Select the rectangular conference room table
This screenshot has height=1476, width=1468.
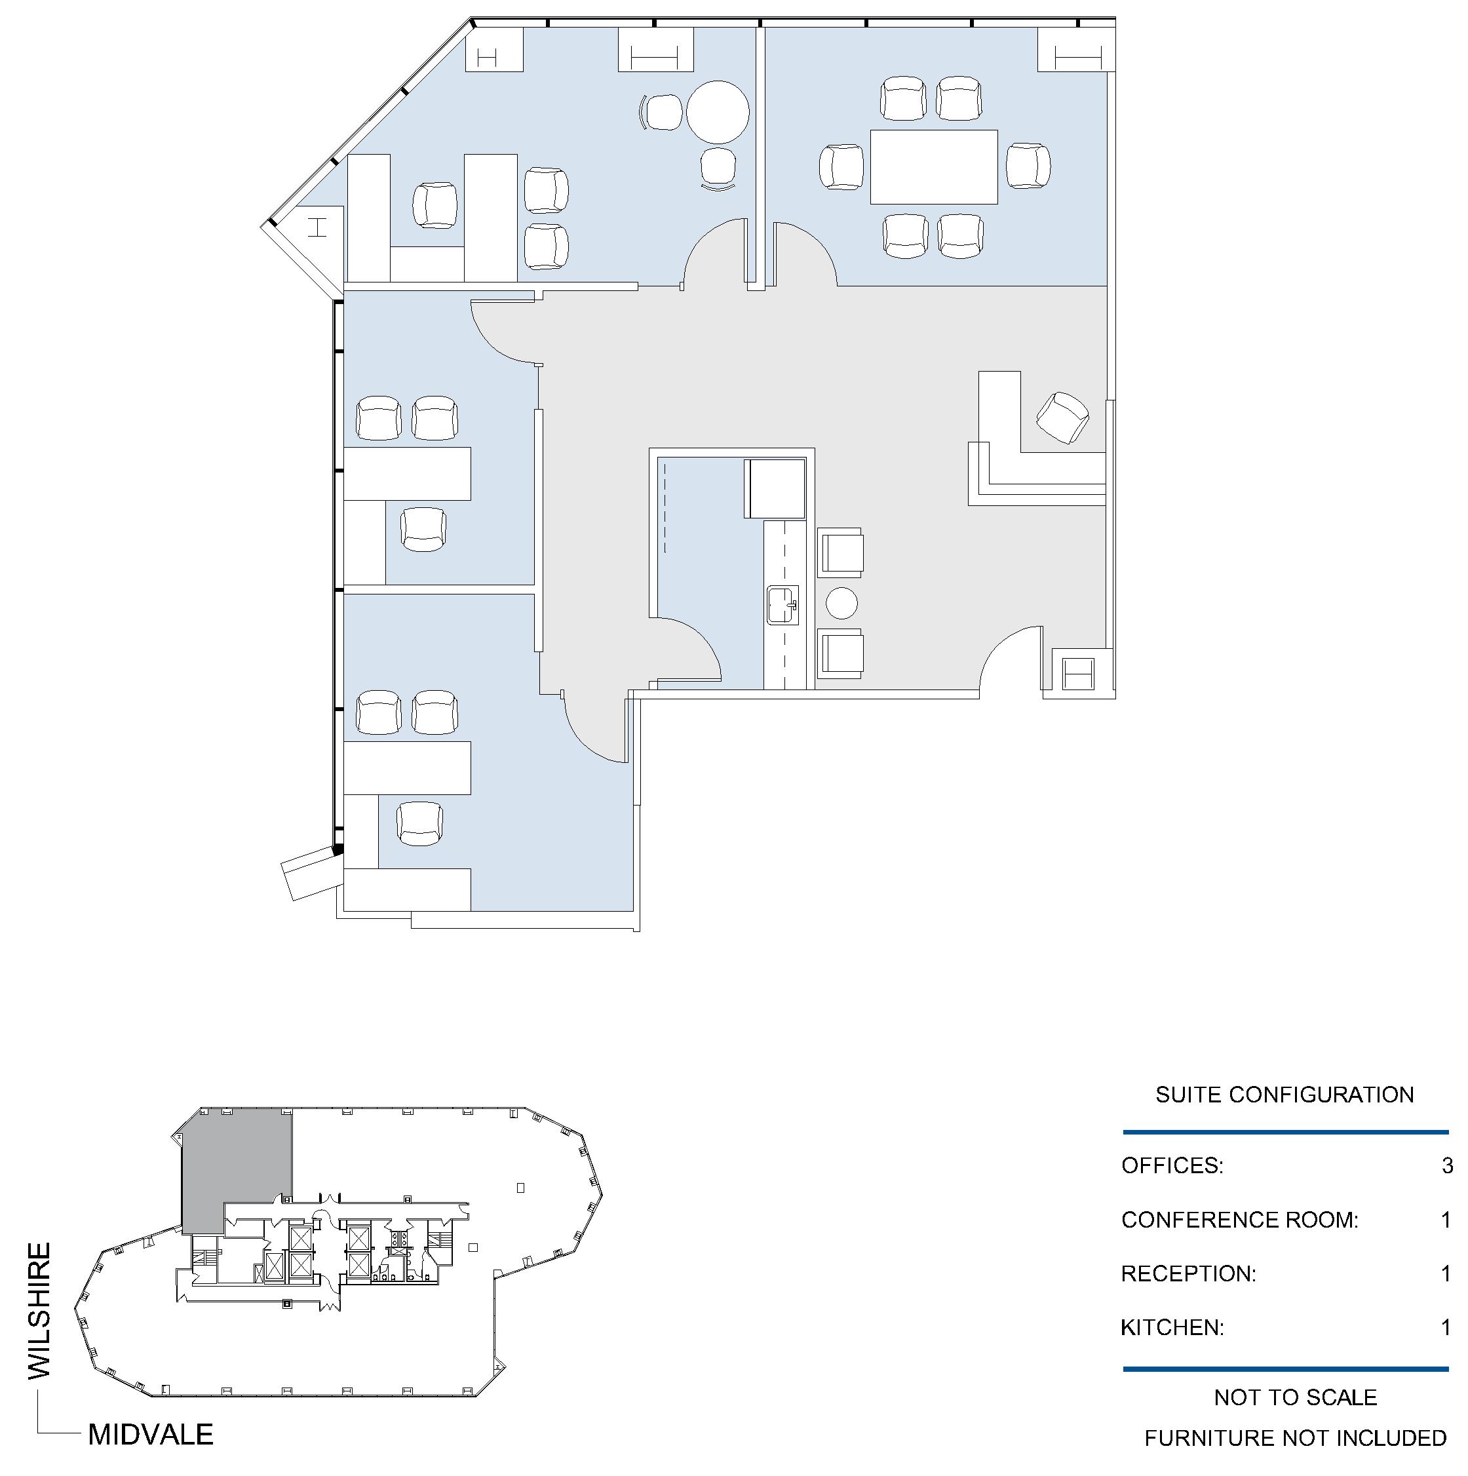pos(933,166)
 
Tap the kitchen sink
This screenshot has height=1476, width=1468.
pos(783,605)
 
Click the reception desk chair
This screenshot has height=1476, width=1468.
pos(1062,417)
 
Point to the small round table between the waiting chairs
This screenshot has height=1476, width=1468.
pos(841,603)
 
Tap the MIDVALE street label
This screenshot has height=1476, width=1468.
pos(151,1434)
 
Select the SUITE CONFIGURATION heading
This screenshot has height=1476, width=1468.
pos(1284,1094)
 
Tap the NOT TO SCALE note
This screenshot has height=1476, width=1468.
pos(1296,1397)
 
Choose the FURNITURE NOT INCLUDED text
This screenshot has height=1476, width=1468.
pos(1296,1438)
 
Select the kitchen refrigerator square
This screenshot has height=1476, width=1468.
pos(775,488)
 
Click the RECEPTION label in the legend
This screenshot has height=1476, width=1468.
pos(1188,1273)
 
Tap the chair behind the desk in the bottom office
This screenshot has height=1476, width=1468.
pos(420,824)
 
